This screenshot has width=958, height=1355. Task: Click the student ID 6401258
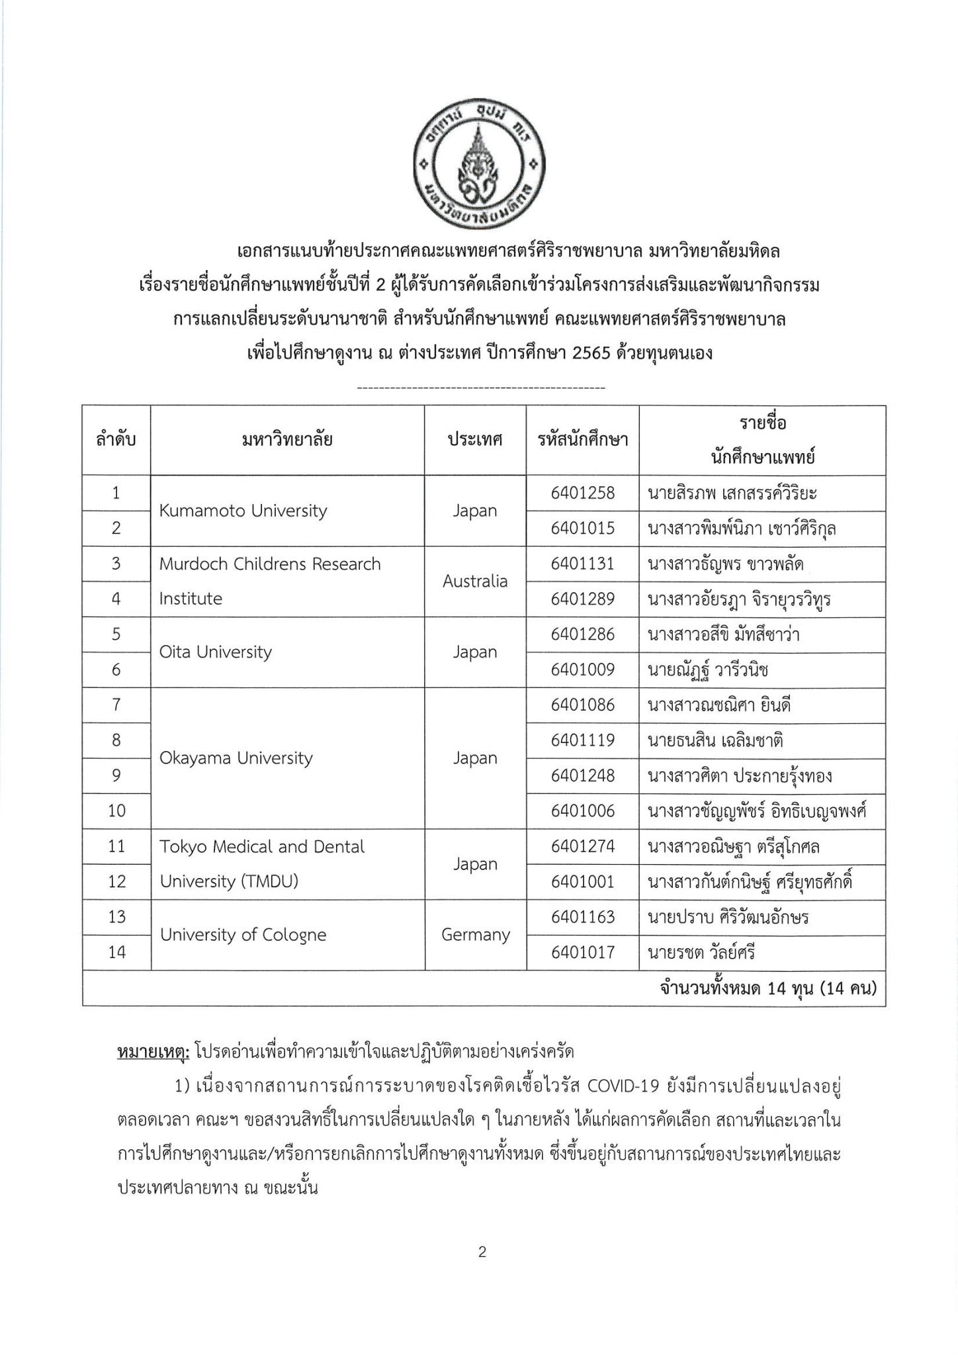(582, 493)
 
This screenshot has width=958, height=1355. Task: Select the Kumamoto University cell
(243, 511)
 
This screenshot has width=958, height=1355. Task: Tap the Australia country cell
(475, 582)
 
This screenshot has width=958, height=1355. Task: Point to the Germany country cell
(475, 935)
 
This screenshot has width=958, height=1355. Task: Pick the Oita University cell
(216, 652)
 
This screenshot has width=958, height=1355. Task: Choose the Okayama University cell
(236, 758)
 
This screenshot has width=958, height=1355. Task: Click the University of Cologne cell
(243, 935)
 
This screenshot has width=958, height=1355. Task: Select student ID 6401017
(582, 953)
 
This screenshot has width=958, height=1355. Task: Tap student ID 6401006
(582, 811)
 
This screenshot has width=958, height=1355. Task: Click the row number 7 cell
(116, 705)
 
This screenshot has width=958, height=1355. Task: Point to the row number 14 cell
(116, 953)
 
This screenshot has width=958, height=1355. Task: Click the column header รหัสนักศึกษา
(582, 440)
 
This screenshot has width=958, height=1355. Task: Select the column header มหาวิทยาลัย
(287, 440)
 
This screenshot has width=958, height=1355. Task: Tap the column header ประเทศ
(475, 440)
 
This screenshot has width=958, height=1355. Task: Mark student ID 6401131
(582, 564)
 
